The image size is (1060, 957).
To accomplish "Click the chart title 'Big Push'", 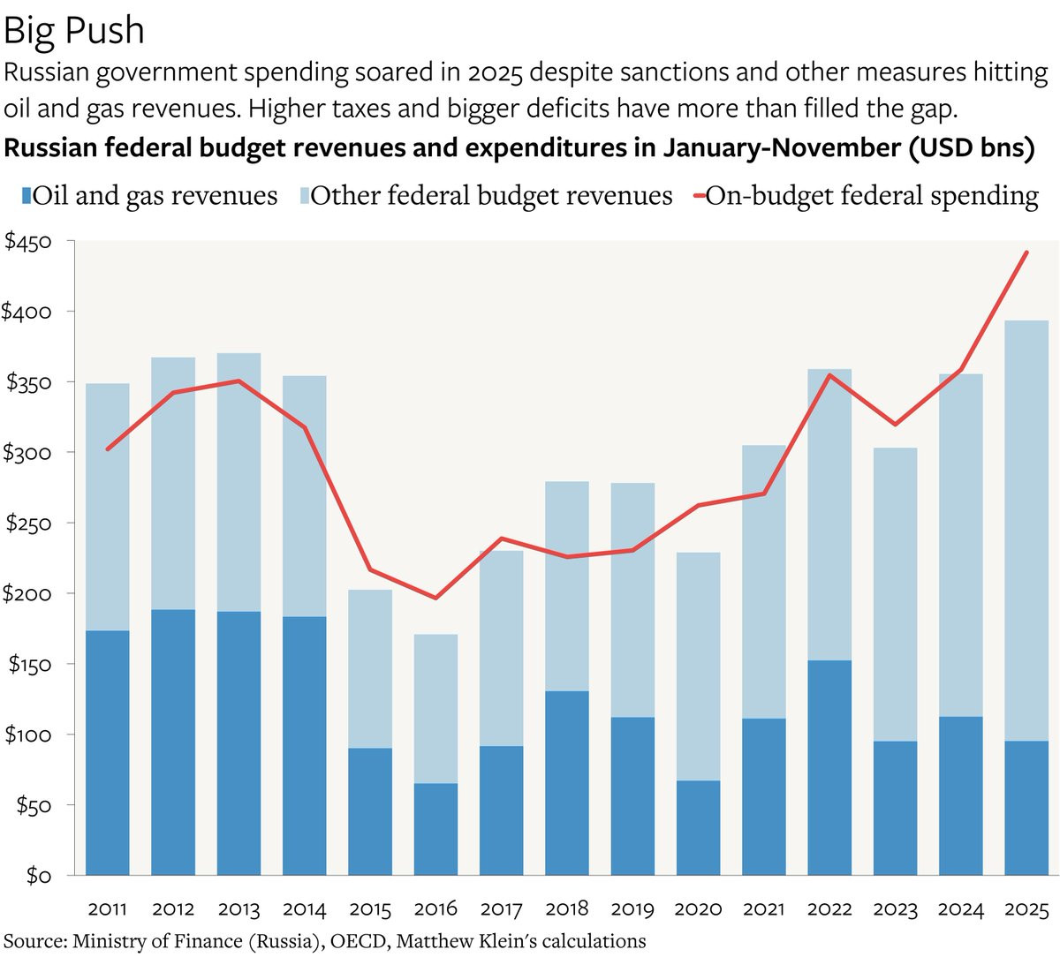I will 73,31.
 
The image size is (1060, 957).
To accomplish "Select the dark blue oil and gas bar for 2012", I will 173,742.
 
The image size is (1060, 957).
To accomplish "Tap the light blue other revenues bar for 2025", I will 1026,530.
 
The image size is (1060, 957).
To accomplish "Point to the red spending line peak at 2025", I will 1026,252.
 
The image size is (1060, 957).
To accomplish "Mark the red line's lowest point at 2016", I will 435,598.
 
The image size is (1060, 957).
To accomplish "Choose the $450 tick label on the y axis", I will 28,241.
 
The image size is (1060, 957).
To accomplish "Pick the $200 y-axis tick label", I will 28,593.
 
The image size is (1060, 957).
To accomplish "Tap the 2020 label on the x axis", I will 698,908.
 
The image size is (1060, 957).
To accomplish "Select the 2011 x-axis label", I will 108,908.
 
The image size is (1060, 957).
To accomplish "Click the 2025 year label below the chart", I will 1026,908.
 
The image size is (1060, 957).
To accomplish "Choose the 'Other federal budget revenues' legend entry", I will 491,195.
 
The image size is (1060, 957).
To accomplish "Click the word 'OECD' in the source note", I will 358,941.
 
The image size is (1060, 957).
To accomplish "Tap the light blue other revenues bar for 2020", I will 698,667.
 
